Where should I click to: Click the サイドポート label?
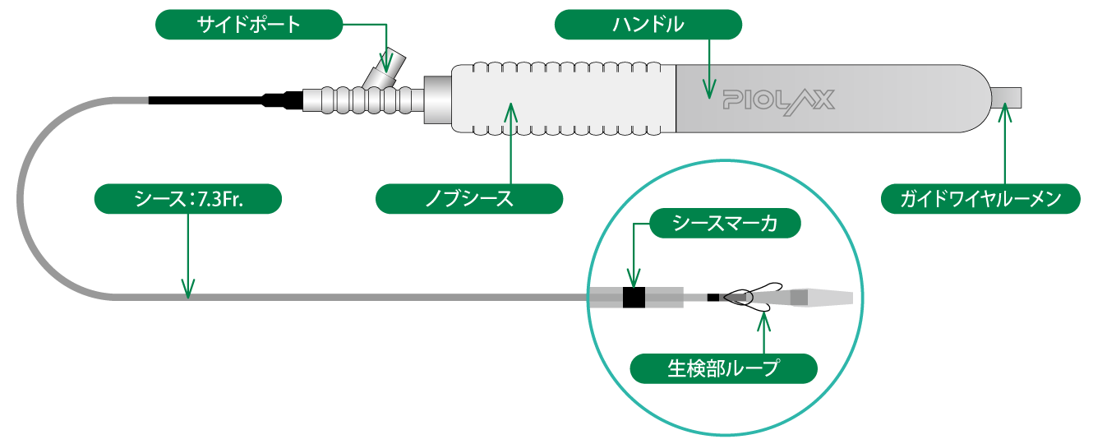249,25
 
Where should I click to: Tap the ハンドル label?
648,25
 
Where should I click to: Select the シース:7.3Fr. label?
188,199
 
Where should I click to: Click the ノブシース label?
469,199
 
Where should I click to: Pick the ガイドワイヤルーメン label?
980,199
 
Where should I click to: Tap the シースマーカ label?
725,223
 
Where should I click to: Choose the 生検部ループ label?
724,368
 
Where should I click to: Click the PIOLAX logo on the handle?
779,102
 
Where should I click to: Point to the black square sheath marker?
634,298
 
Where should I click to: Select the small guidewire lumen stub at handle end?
1008,98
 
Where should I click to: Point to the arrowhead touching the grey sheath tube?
188,288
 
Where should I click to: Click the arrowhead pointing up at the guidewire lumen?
1005,113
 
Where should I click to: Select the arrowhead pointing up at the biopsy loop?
764,322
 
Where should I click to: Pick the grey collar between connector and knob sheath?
438,99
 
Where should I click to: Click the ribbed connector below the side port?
363,99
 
